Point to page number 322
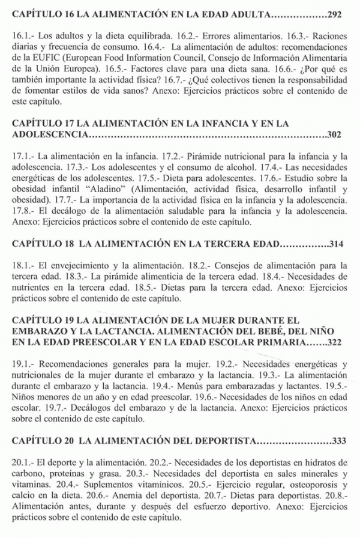point(338,343)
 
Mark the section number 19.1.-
point(22,364)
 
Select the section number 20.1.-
point(22,464)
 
